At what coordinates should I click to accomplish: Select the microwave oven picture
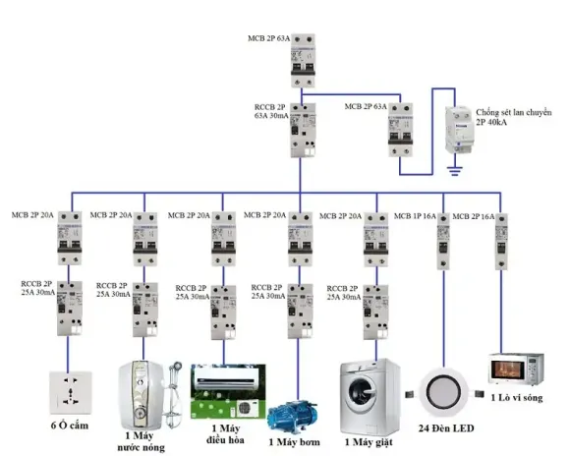click(x=517, y=371)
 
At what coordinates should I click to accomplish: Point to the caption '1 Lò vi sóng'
click(x=518, y=398)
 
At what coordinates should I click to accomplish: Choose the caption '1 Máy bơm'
click(x=298, y=442)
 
